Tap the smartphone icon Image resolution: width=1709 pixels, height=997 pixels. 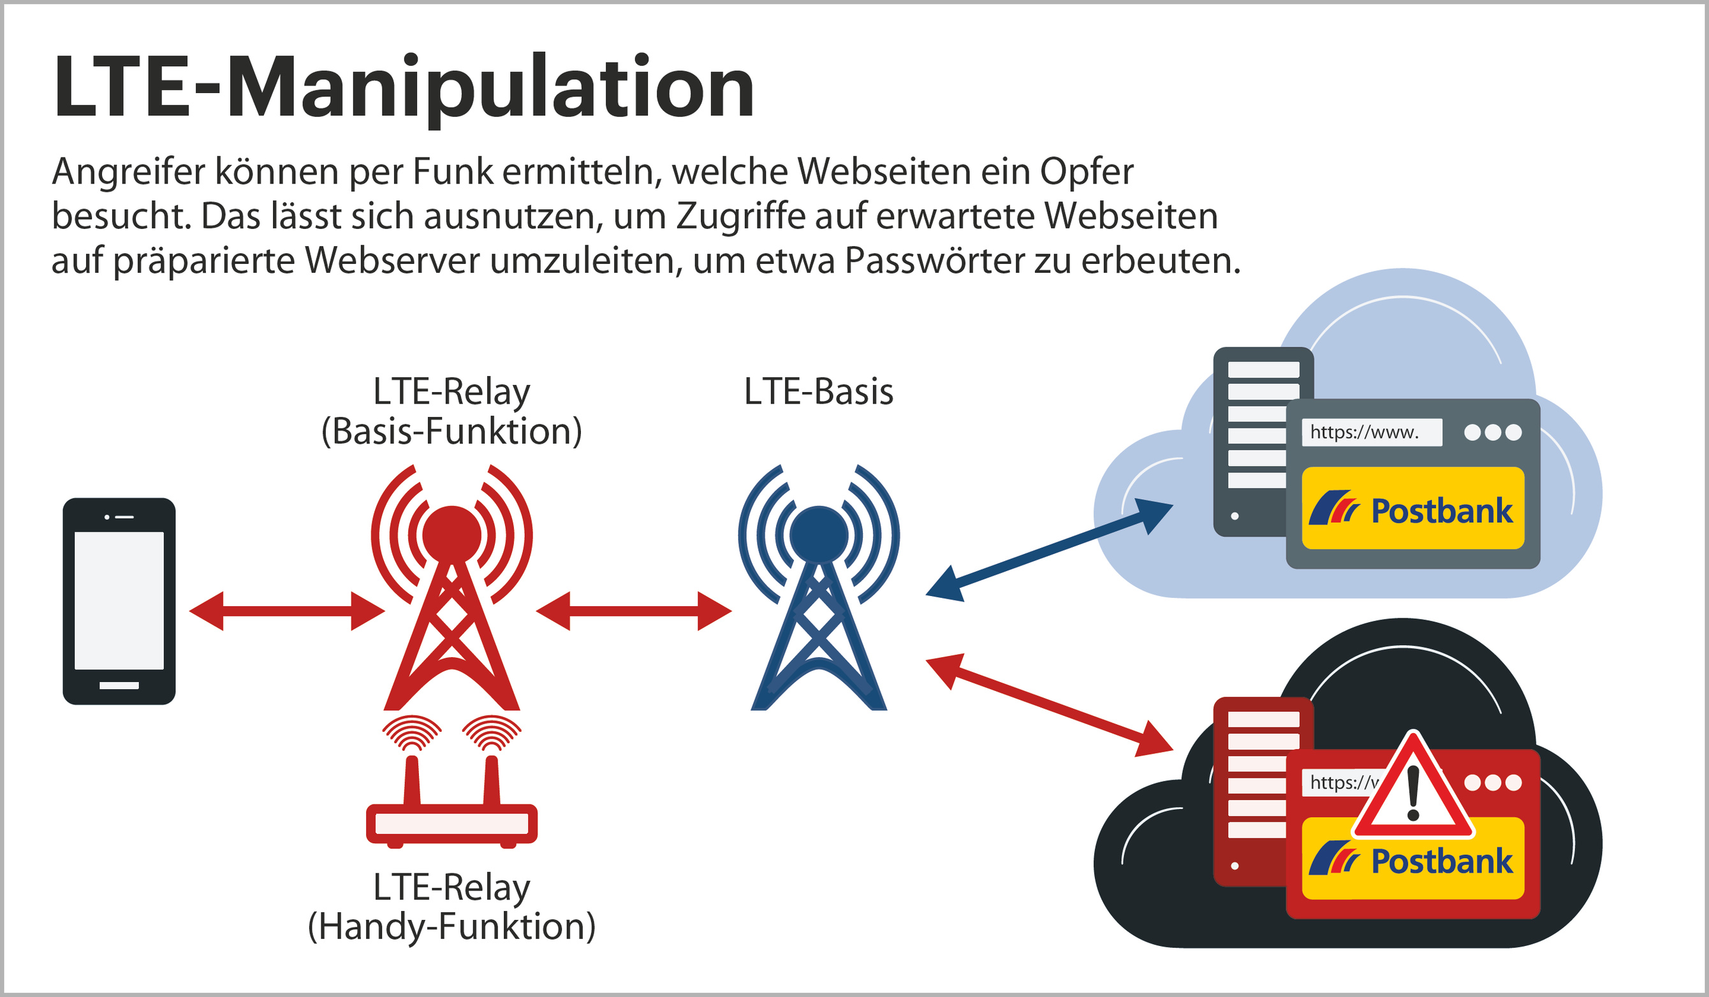119,601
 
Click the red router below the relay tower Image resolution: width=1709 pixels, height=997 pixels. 451,823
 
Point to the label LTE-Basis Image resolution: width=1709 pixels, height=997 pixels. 819,392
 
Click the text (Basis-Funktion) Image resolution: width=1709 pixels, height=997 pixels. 451,431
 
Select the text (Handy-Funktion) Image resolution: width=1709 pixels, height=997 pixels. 451,926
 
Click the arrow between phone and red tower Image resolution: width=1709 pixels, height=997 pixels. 287,611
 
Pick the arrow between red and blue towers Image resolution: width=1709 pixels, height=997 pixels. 633,611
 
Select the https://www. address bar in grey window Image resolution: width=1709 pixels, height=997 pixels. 1371,432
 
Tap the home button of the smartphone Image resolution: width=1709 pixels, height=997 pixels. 119,686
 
